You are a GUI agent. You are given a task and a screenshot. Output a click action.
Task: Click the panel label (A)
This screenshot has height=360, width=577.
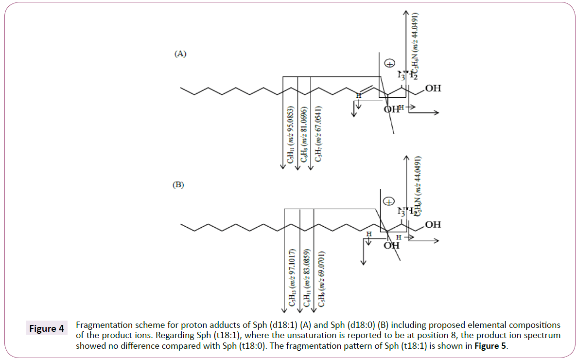coord(180,54)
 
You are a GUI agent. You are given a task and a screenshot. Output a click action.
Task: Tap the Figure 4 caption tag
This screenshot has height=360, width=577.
coord(47,328)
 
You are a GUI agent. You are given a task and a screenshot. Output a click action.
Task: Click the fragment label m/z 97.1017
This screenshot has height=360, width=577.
coord(292,277)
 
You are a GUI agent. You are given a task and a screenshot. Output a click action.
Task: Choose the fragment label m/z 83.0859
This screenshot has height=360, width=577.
coord(306,277)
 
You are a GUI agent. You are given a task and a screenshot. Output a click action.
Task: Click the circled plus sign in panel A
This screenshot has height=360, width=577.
coord(389,64)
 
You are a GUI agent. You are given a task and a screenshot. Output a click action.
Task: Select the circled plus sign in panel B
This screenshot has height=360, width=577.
coord(388,200)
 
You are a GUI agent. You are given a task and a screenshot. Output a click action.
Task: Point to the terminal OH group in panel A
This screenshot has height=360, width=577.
coord(433,88)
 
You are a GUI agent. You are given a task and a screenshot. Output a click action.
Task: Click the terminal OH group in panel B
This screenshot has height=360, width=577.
coord(433,224)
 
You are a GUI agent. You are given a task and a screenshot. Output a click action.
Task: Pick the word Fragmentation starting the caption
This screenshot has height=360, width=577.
coord(104,325)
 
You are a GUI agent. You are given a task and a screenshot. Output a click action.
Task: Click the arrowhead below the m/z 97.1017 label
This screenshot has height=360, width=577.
coord(284,311)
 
